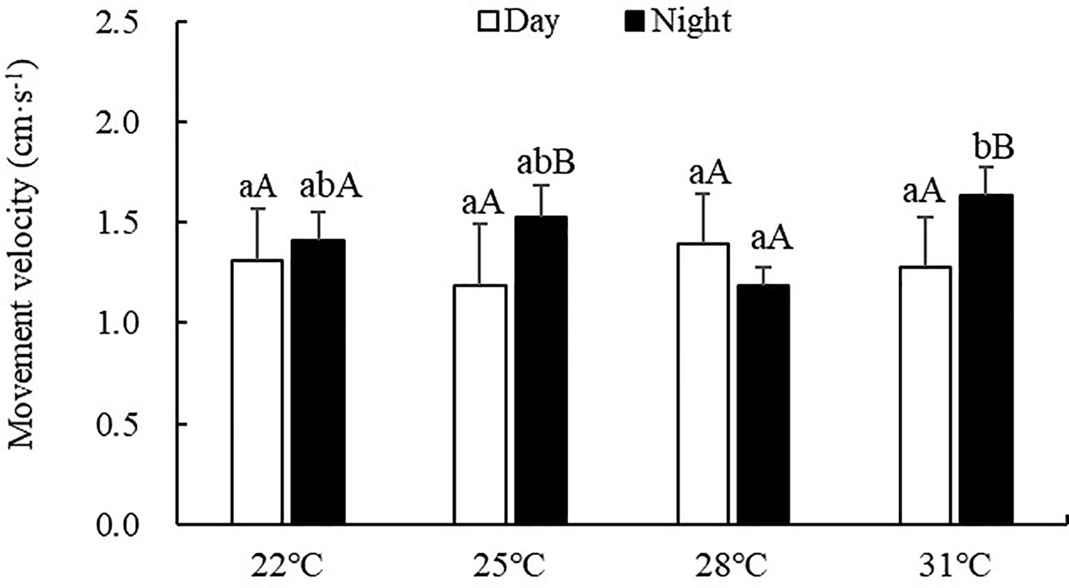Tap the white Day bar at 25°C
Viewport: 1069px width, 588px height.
[x=480, y=404]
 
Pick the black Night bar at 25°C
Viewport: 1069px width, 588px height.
[x=540, y=370]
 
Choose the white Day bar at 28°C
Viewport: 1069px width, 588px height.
[x=703, y=383]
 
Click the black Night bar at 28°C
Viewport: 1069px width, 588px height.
[x=763, y=404]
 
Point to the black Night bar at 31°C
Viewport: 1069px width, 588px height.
[x=986, y=359]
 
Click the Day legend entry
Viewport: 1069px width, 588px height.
[x=519, y=22]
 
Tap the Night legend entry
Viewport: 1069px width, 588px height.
[x=676, y=22]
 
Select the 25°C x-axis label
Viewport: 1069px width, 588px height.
[x=510, y=566]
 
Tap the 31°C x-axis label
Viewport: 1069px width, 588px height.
[x=955, y=566]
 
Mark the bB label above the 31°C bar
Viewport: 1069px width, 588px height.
[x=993, y=148]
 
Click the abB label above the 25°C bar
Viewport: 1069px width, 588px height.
[x=546, y=165]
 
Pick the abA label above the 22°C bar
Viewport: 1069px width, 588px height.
[x=331, y=187]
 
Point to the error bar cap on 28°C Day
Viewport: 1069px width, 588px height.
[x=703, y=194]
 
